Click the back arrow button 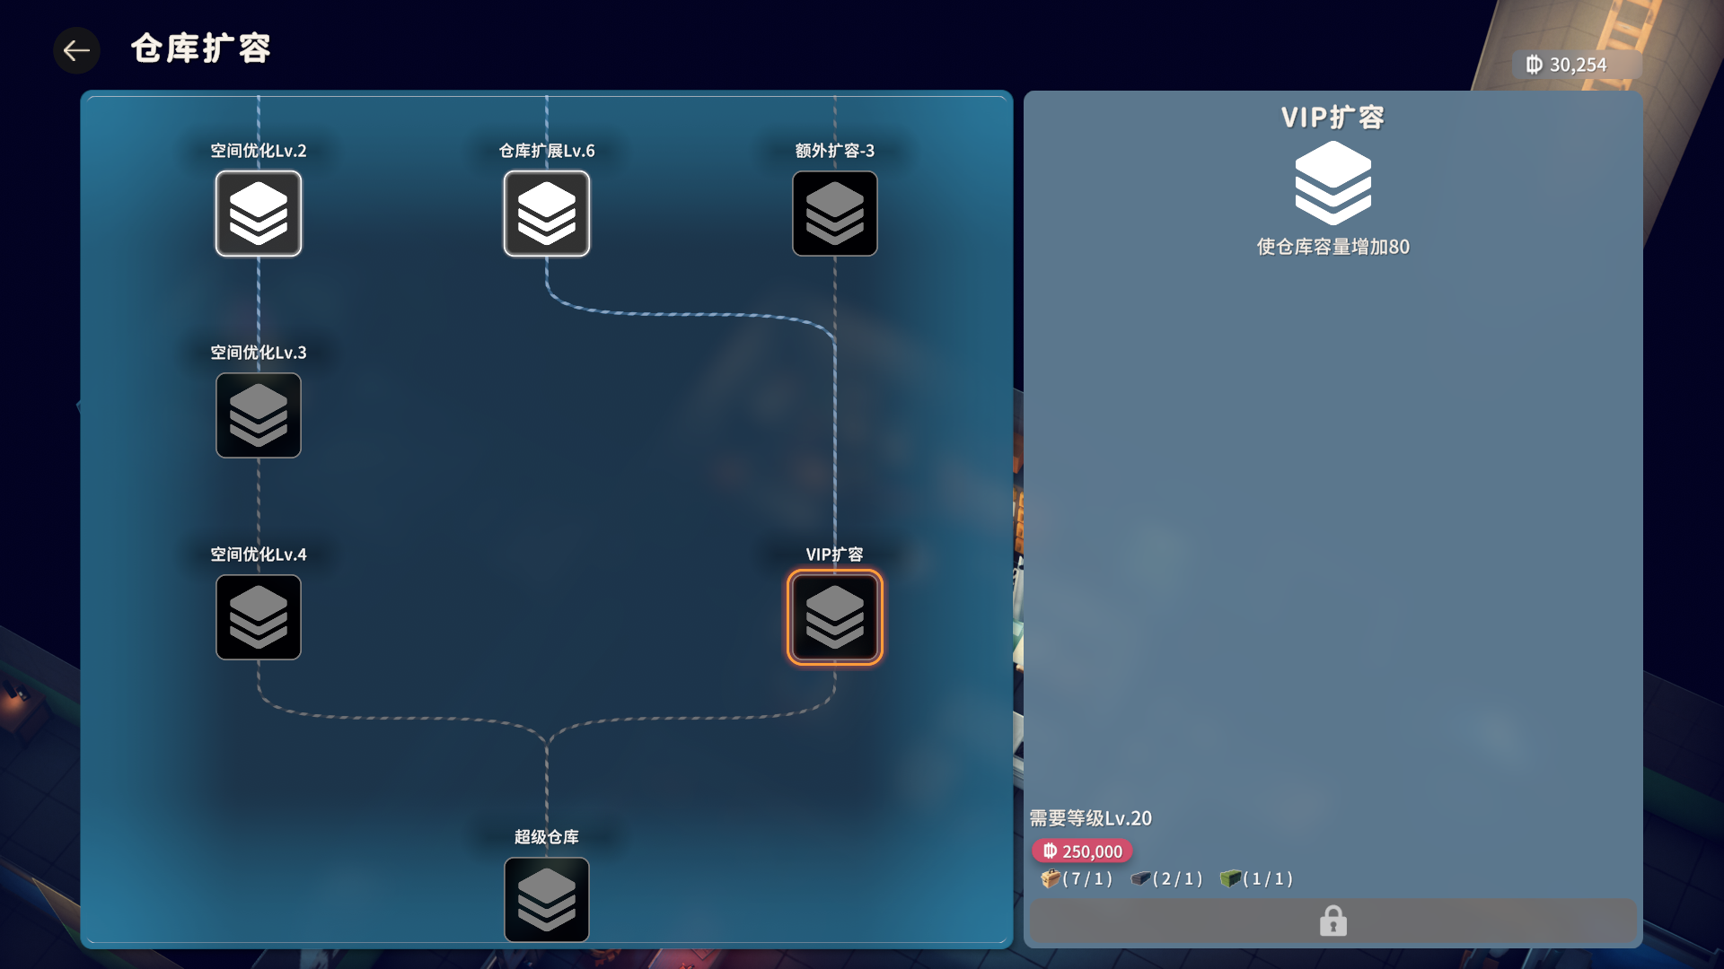[76, 50]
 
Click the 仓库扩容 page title [200, 48]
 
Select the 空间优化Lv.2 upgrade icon [259, 214]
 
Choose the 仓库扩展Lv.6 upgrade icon [547, 214]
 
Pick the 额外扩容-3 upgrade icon [835, 214]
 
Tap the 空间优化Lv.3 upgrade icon [259, 415]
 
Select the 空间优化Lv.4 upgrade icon [259, 617]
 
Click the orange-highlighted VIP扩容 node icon [835, 617]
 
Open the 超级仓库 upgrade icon [547, 899]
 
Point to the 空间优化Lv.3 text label [259, 353]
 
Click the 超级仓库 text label [547, 837]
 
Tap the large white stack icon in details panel [1333, 184]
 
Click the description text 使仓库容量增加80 [1333, 247]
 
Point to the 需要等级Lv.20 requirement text [1090, 818]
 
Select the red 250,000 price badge [1082, 851]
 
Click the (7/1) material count [1087, 879]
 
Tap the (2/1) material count [1177, 879]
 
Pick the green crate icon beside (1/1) [1229, 878]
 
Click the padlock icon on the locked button [1333, 921]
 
